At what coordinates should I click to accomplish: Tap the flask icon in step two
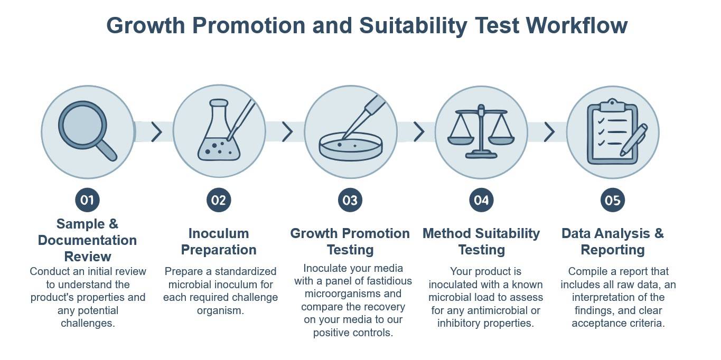[218, 132]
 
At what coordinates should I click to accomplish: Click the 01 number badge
[87, 200]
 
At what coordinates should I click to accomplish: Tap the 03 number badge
[350, 200]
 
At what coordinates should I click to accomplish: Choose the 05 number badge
[613, 200]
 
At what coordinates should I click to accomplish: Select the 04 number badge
[481, 200]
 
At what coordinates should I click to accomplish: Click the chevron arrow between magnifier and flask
[156, 132]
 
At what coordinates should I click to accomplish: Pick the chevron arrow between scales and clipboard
[549, 132]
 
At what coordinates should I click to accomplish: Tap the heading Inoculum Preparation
[218, 241]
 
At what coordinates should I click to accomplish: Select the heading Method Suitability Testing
[481, 241]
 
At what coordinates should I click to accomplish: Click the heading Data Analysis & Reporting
[613, 241]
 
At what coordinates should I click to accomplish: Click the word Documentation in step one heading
[87, 240]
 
